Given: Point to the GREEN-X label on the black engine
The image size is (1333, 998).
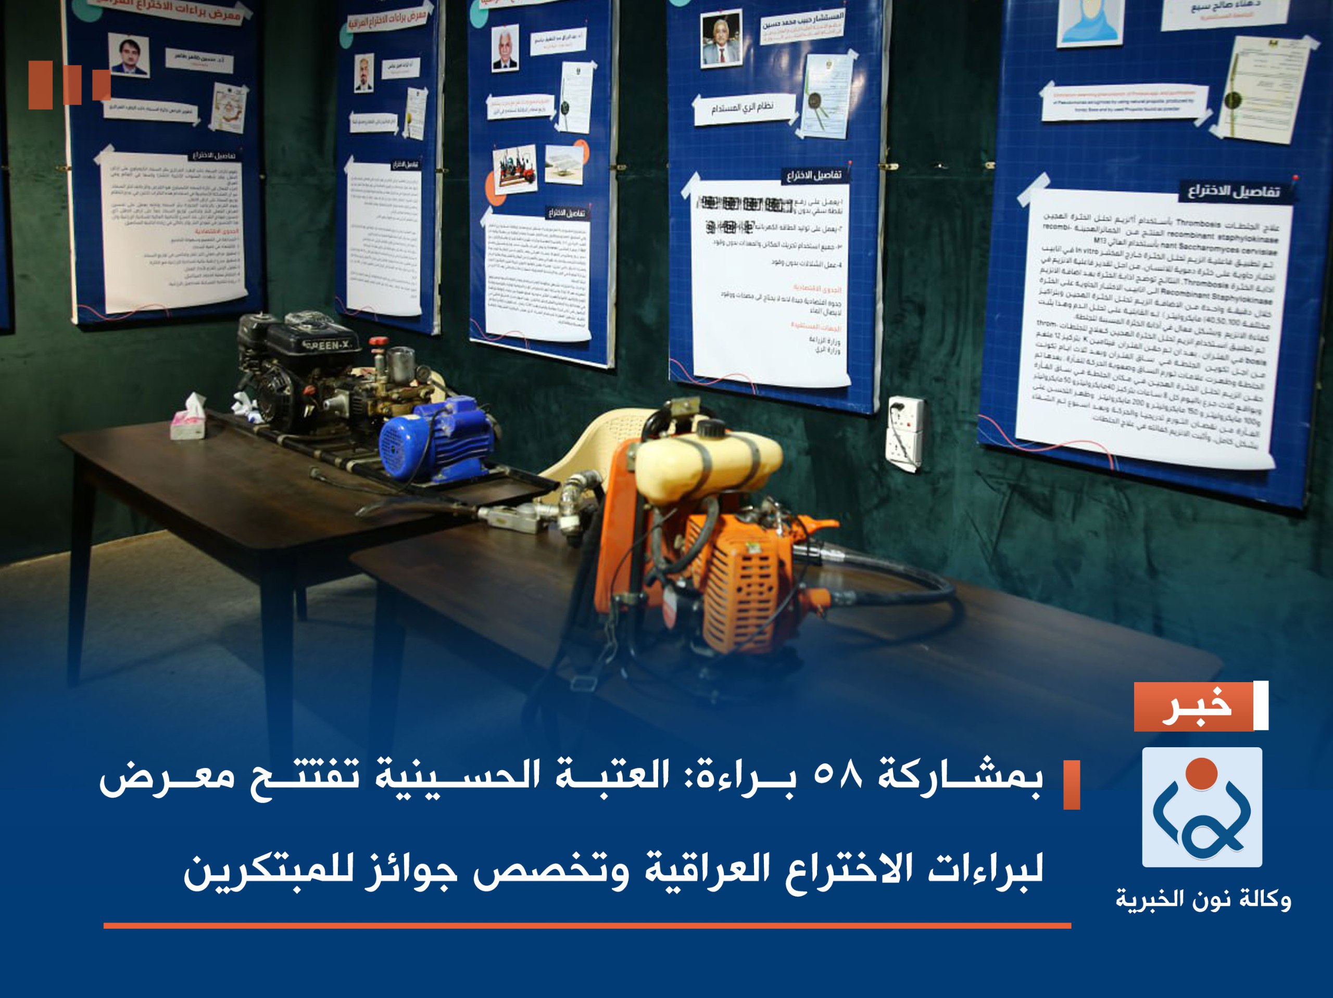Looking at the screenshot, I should click(329, 345).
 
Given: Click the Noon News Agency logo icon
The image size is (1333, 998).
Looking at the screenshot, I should click(1202, 807).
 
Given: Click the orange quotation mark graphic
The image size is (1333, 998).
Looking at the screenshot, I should click(69, 84).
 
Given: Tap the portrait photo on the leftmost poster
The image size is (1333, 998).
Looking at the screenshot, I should click(129, 54).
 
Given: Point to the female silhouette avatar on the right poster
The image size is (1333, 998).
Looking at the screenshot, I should click(1091, 21).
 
